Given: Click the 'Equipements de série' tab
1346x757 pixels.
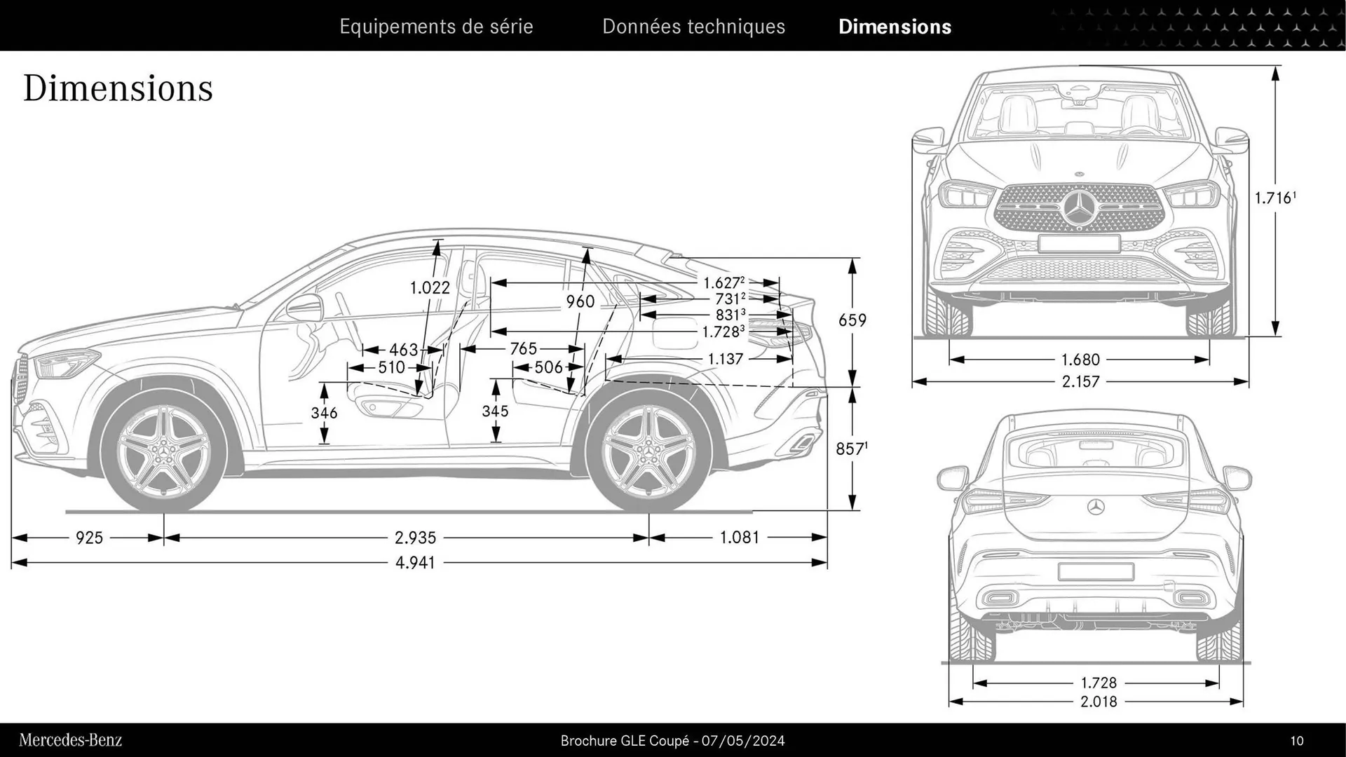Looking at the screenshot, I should (436, 27).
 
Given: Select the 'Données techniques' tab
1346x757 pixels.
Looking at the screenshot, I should (693, 27).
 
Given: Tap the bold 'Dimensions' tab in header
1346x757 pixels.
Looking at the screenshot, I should (895, 27).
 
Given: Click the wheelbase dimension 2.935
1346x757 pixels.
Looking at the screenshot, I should (415, 538).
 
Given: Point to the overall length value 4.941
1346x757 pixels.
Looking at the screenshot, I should (415, 562).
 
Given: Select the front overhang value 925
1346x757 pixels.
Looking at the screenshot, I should (89, 538).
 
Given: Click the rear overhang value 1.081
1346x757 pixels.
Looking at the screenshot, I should (740, 538).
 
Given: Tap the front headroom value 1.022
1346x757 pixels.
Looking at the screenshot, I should (430, 287).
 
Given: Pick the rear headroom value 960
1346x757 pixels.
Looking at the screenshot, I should (580, 301).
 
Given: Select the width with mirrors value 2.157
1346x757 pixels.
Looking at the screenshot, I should (1080, 382).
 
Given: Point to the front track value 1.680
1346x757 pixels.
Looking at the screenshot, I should (1080, 360).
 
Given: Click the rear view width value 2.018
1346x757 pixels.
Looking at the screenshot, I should (1099, 702).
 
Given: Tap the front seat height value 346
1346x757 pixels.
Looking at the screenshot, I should (324, 413).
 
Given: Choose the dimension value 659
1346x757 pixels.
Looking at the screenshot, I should (852, 320).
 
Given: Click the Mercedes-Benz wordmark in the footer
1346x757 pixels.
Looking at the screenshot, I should (70, 740).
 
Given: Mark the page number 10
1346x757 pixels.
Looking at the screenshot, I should (1296, 741).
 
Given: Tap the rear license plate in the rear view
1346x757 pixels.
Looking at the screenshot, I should (1096, 571).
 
